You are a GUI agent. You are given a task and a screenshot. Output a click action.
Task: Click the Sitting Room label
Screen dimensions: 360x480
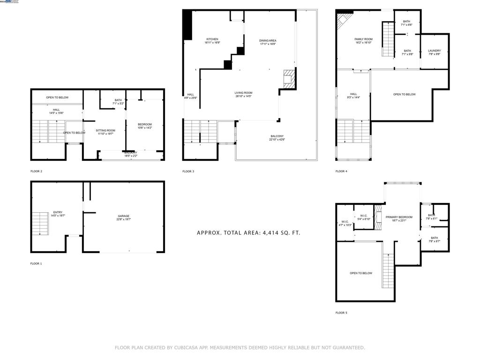coord(105,132)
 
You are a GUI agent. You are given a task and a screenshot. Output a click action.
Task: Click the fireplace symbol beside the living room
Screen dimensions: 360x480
coord(288,79)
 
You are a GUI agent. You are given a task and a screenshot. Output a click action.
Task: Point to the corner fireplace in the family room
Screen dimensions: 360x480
coord(345,21)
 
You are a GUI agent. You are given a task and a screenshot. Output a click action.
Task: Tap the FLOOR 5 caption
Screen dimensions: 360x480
coord(341,313)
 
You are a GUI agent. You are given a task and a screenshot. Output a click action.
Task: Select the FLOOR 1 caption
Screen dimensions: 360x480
coord(36,264)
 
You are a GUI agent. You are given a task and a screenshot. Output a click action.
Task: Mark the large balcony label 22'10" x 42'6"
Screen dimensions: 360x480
coord(277,138)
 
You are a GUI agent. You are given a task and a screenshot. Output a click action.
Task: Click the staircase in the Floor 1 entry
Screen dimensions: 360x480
coord(40,224)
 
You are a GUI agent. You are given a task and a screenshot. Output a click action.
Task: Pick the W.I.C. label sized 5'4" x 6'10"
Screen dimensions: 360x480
coord(364,217)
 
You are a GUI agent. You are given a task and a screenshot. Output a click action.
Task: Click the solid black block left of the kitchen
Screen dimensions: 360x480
coord(187,25)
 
